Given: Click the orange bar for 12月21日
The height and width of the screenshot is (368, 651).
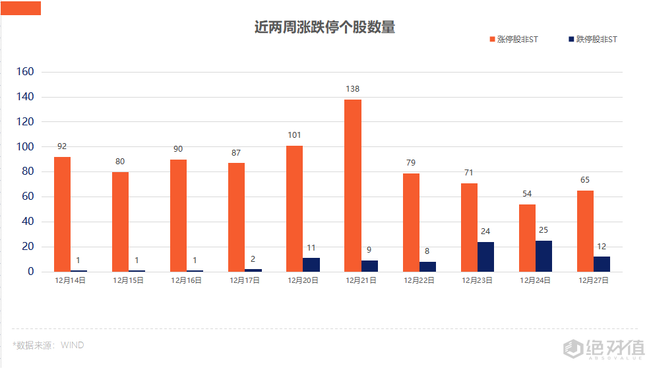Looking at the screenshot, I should (x=353, y=185).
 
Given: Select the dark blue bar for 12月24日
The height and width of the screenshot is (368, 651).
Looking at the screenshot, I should (x=543, y=256).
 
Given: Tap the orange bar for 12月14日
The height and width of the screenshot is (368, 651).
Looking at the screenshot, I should (x=62, y=214).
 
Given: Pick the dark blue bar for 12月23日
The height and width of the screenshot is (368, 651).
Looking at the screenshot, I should (x=485, y=257).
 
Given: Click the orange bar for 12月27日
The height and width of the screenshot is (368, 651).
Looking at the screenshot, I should (x=585, y=231).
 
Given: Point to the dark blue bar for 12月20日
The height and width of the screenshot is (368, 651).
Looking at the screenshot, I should (x=311, y=264).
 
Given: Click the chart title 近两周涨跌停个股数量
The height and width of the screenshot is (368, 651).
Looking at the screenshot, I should (x=325, y=27).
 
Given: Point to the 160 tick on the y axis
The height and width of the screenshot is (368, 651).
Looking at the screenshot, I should (x=29, y=72).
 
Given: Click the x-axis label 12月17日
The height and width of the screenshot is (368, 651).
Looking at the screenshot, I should (x=245, y=280).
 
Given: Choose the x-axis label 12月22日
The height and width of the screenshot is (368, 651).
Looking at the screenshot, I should (x=419, y=280).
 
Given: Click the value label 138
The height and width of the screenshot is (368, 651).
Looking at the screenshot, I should (x=353, y=89).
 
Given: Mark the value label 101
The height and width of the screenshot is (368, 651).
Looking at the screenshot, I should (x=294, y=136).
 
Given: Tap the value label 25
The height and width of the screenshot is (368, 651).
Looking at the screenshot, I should (x=543, y=230).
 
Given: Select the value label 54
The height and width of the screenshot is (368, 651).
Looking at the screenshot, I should (x=527, y=194).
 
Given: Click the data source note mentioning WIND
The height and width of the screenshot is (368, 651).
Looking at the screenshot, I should (x=48, y=345).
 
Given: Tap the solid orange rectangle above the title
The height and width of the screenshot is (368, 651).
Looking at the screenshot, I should (x=20, y=8).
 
